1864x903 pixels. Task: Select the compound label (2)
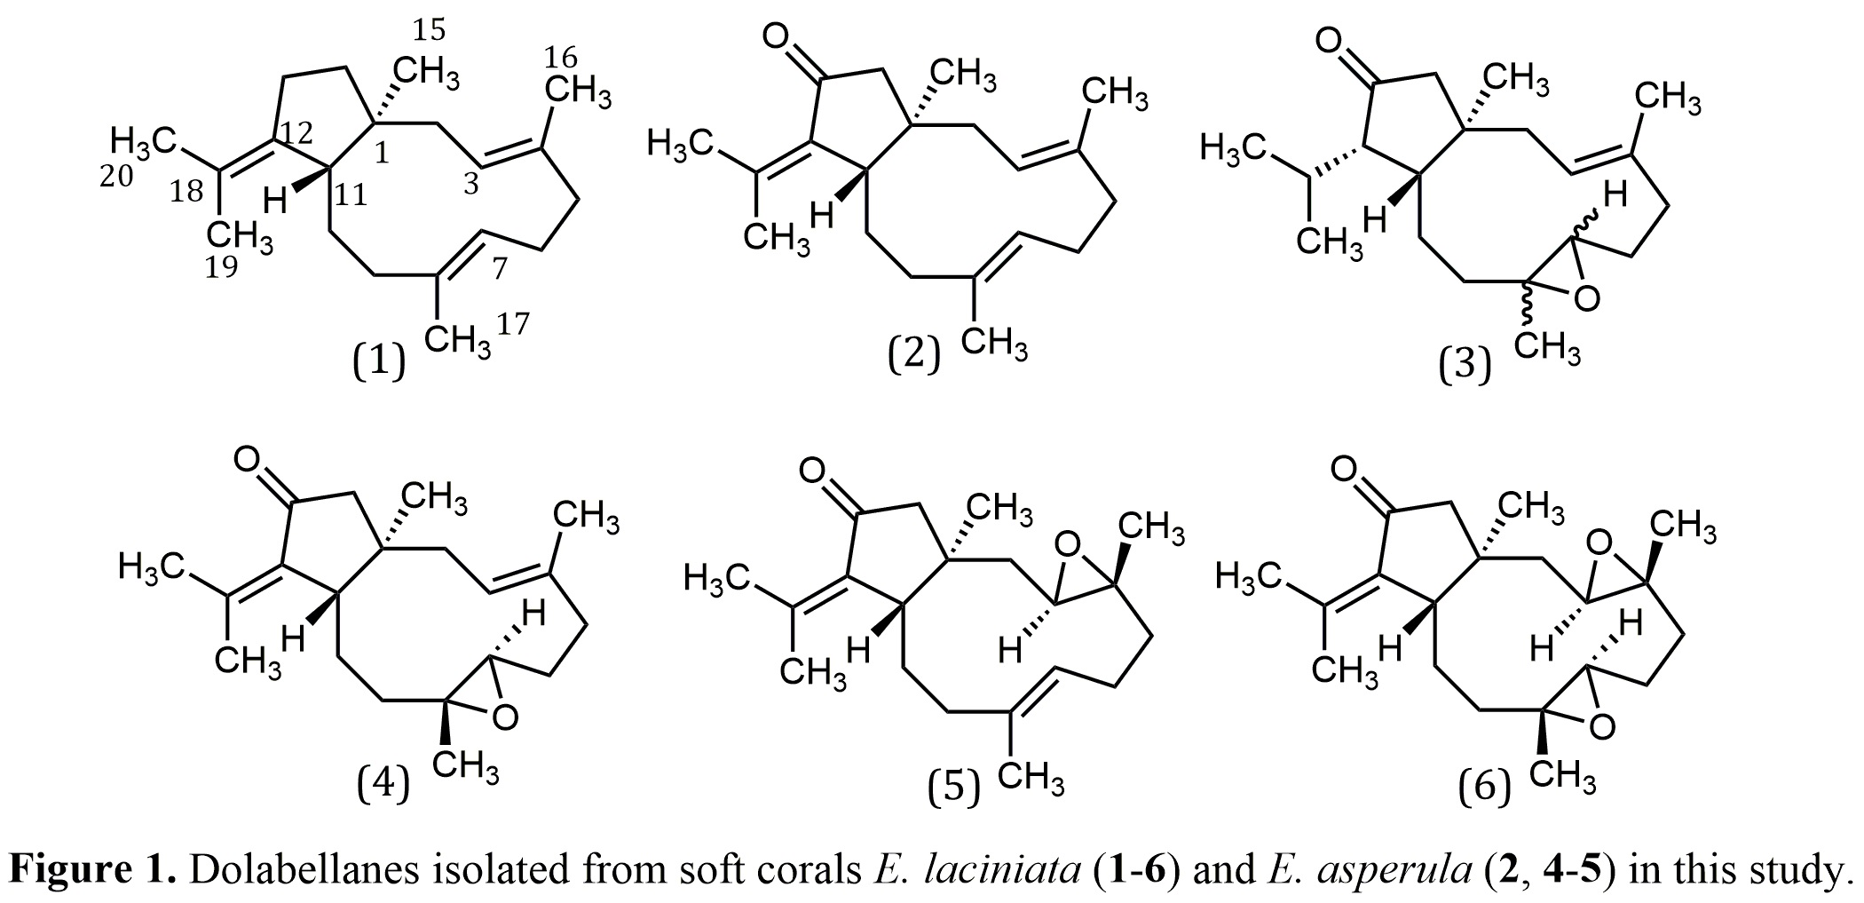[x=913, y=354]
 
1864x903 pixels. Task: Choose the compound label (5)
[x=953, y=788]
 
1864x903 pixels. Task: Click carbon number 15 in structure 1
[x=429, y=31]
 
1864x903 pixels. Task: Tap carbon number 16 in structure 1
[x=560, y=59]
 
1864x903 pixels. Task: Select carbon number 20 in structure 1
[x=116, y=177]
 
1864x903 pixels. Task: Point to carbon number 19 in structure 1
[x=221, y=265]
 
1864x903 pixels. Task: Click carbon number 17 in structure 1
[x=513, y=325]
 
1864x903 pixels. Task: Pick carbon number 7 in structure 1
[x=499, y=267]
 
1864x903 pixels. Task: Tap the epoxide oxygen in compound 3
[x=1586, y=300]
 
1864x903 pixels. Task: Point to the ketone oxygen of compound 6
[x=1346, y=468]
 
